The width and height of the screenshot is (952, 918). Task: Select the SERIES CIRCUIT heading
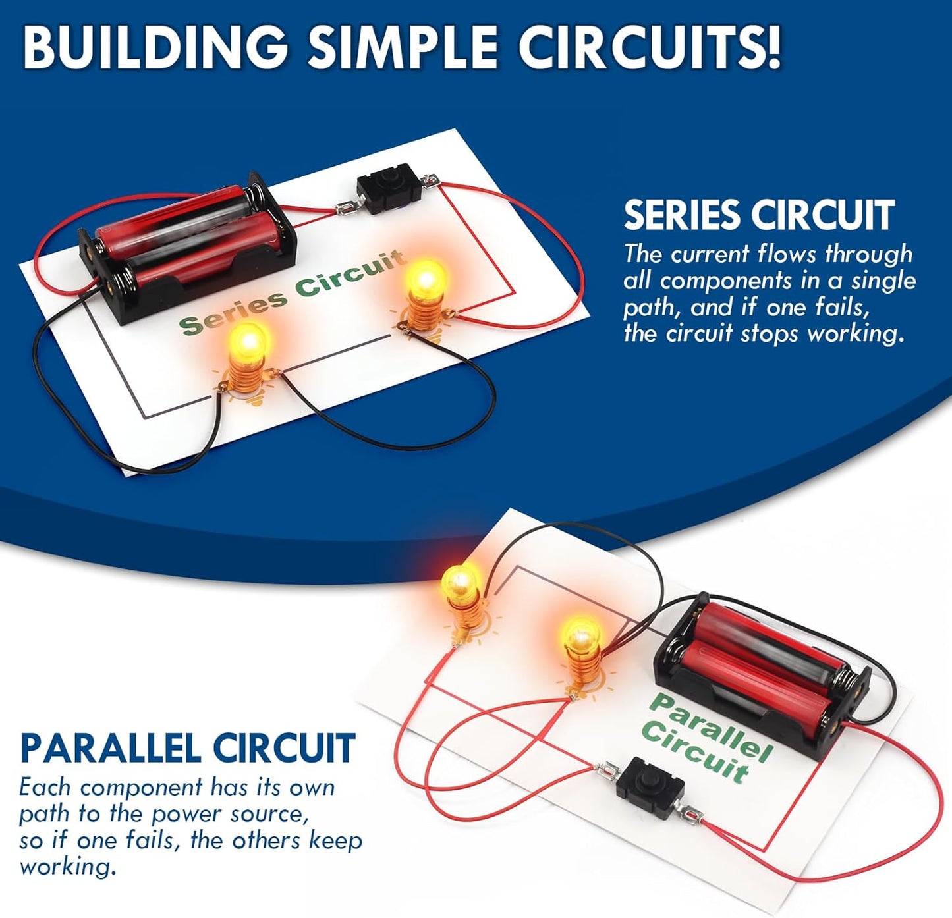click(758, 215)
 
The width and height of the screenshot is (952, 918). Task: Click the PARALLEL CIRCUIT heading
click(188, 747)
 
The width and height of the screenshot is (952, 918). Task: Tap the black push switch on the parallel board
click(650, 788)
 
